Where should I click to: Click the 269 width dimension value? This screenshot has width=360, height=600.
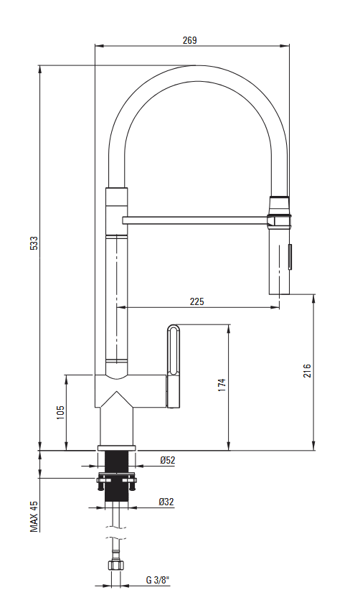[x=189, y=40]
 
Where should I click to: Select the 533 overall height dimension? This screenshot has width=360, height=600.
[x=34, y=243]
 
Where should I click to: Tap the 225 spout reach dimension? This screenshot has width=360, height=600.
[x=196, y=301]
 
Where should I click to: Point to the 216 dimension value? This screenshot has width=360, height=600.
[x=307, y=371]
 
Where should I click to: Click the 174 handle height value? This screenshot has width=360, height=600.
[x=222, y=385]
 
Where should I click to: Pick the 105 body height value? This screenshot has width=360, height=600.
[x=60, y=413]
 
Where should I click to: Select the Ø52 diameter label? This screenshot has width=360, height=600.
[x=168, y=460]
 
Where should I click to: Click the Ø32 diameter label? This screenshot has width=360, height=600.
[x=166, y=501]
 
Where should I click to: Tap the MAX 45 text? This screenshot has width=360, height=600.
[x=34, y=516]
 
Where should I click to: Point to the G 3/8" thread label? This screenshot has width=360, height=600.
[x=158, y=580]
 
